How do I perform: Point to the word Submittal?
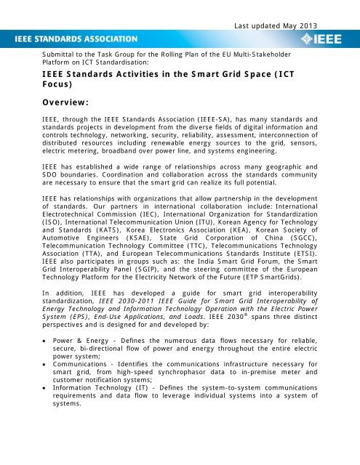tap(57, 53)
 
